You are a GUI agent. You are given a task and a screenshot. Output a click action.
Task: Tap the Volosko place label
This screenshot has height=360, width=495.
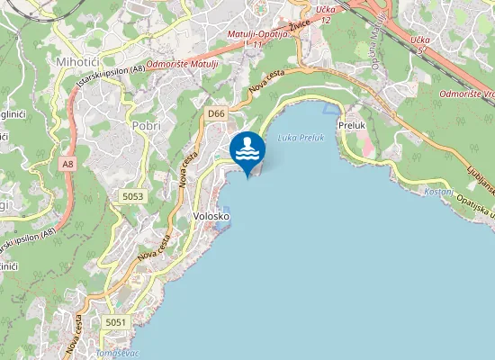click(x=211, y=217)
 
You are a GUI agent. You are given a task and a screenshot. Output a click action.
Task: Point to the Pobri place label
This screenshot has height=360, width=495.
click(x=146, y=126)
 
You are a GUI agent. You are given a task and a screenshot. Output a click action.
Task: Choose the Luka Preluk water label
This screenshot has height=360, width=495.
click(x=300, y=138)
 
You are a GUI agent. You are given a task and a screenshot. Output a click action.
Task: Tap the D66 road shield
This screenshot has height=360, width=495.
click(x=215, y=113)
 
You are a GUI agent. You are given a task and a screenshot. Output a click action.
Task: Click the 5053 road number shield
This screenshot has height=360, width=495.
click(x=132, y=195)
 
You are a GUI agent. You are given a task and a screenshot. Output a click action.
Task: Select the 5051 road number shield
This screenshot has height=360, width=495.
click(x=116, y=322)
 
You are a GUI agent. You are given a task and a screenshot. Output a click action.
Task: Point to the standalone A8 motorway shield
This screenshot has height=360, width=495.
click(x=68, y=165)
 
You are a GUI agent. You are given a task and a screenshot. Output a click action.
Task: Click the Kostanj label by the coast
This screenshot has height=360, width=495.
click(x=437, y=192)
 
